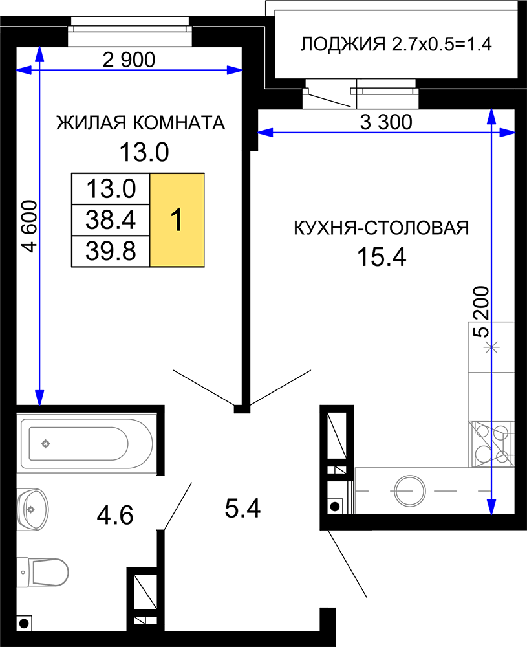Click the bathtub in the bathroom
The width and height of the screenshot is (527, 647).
[x=87, y=444]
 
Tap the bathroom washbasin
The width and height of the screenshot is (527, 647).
[x=32, y=509]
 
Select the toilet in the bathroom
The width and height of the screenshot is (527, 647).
[x=43, y=572]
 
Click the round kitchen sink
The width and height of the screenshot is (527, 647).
[x=409, y=490]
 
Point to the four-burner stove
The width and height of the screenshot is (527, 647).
[x=491, y=444]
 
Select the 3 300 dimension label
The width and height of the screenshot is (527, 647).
[x=386, y=122]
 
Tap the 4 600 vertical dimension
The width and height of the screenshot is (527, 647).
[x=30, y=226]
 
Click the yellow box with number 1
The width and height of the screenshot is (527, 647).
[x=177, y=220]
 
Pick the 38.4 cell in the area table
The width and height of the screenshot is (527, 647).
[x=111, y=220]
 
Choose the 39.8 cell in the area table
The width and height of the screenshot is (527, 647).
[x=111, y=251]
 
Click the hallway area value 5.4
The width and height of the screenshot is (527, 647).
[x=242, y=508]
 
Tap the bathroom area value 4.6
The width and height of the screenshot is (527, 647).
[x=115, y=516]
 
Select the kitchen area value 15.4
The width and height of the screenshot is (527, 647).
[x=382, y=257]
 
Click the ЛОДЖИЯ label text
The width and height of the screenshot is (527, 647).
[x=343, y=44]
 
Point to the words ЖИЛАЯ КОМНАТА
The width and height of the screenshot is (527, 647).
[x=140, y=122]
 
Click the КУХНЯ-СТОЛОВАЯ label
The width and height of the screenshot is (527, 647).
[x=382, y=227]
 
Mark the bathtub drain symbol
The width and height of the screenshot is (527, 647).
[x=45, y=444]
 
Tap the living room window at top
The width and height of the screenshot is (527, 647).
[x=129, y=31]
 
